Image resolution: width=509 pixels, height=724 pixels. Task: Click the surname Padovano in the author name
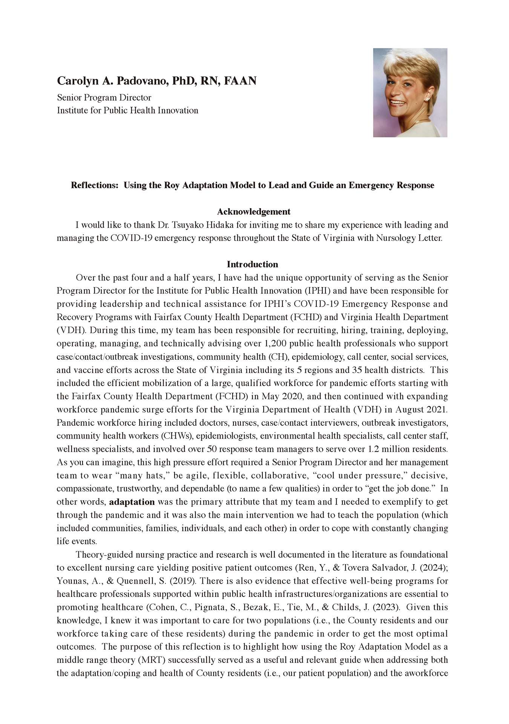(142, 81)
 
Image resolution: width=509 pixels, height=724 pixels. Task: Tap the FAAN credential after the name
(240, 81)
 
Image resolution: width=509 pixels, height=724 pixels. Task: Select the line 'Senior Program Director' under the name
(104, 98)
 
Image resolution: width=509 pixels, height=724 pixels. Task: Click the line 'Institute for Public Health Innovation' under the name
(127, 110)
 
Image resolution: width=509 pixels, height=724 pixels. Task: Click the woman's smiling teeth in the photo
(398, 102)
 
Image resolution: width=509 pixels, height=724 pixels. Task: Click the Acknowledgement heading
(254, 212)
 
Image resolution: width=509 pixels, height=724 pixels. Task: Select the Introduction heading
(252, 264)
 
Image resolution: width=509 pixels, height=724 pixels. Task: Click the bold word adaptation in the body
(132, 502)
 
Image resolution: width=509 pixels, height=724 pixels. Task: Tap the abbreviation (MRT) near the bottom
(150, 660)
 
